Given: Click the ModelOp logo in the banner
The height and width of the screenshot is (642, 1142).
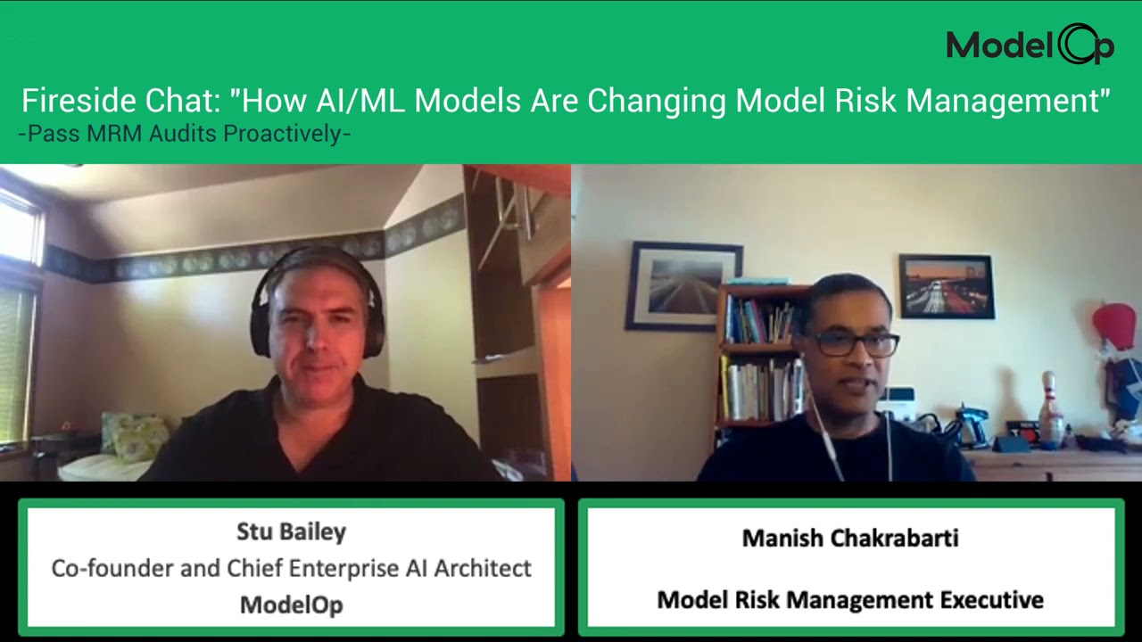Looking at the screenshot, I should pos(1030,45).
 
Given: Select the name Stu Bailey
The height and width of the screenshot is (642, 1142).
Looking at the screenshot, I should pos(291,531).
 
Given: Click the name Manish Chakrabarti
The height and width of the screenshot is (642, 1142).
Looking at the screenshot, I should pos(850,538).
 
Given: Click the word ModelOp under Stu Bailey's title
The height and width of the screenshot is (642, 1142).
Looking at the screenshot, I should pos(291,605).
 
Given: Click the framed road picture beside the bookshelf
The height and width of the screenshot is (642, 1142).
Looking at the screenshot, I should pos(683,285).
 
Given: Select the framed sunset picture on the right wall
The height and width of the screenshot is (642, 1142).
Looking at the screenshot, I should pos(946,286).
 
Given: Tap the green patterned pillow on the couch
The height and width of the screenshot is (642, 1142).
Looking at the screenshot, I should pos(137,437).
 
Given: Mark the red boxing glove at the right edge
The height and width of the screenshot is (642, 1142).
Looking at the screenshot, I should pos(1115,325).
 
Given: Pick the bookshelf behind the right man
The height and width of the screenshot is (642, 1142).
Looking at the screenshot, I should pos(758,357).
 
